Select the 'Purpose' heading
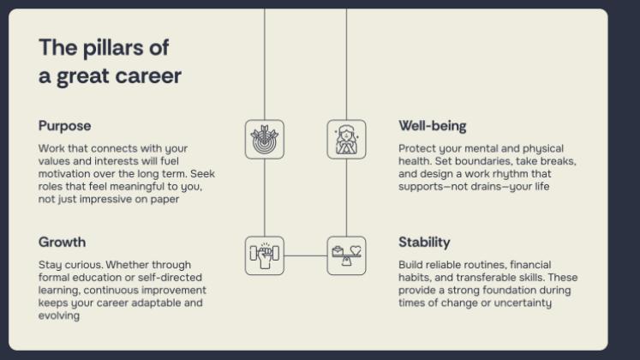[64, 126]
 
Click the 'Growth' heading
[62, 242]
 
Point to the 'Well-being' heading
[432, 126]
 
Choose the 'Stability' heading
[424, 242]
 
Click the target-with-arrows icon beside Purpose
[264, 139]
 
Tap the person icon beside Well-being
[346, 139]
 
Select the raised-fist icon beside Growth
[264, 255]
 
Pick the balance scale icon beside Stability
[346, 255]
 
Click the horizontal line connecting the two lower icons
[305, 255]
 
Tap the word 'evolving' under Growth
[59, 315]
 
